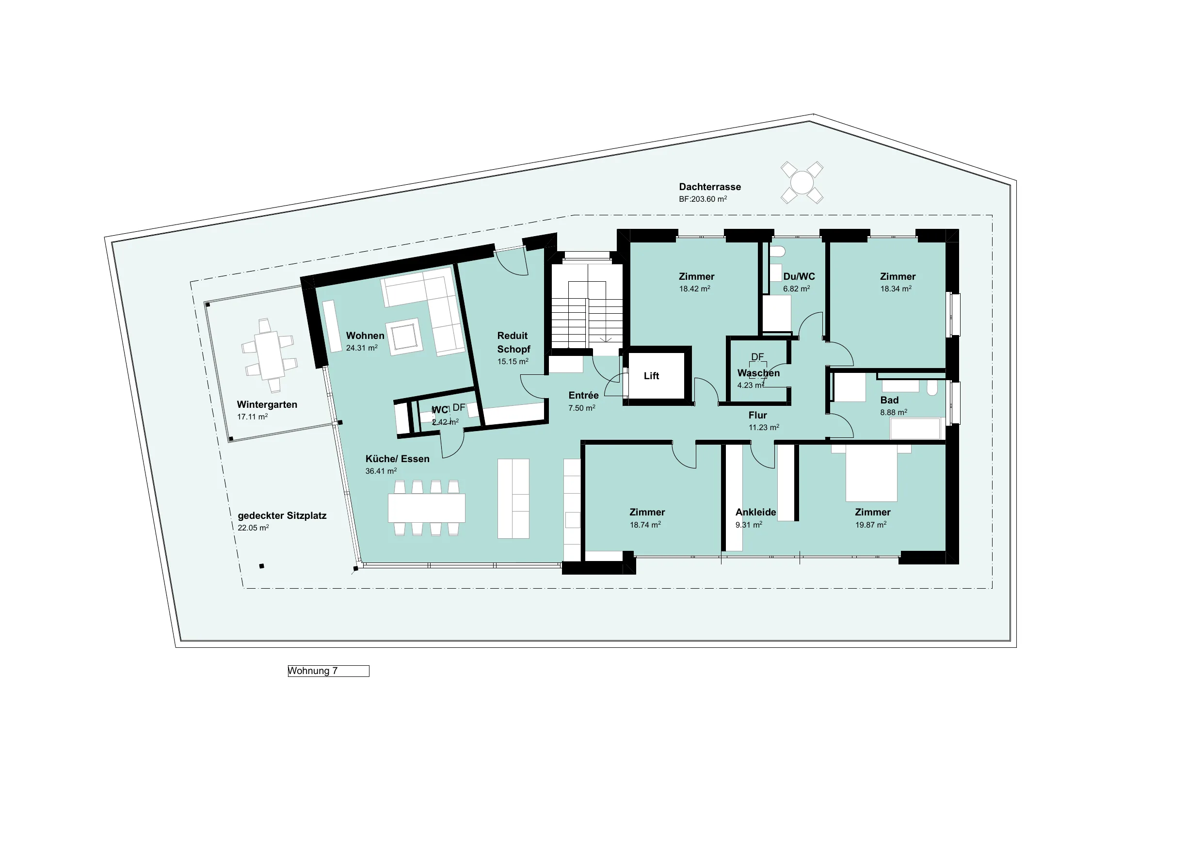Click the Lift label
[651, 376]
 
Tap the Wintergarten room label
[267, 404]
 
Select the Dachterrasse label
[710, 187]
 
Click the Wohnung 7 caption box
[329, 671]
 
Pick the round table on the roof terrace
[802, 182]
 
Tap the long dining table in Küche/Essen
[427, 508]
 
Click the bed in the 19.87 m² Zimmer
[871, 473]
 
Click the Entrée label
[583, 396]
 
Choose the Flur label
[758, 415]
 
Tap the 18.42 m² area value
[695, 289]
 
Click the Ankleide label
[755, 512]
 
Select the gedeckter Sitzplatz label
[282, 515]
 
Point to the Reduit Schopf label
[513, 342]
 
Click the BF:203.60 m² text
[703, 199]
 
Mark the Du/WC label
[799, 276]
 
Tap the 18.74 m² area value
[645, 525]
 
